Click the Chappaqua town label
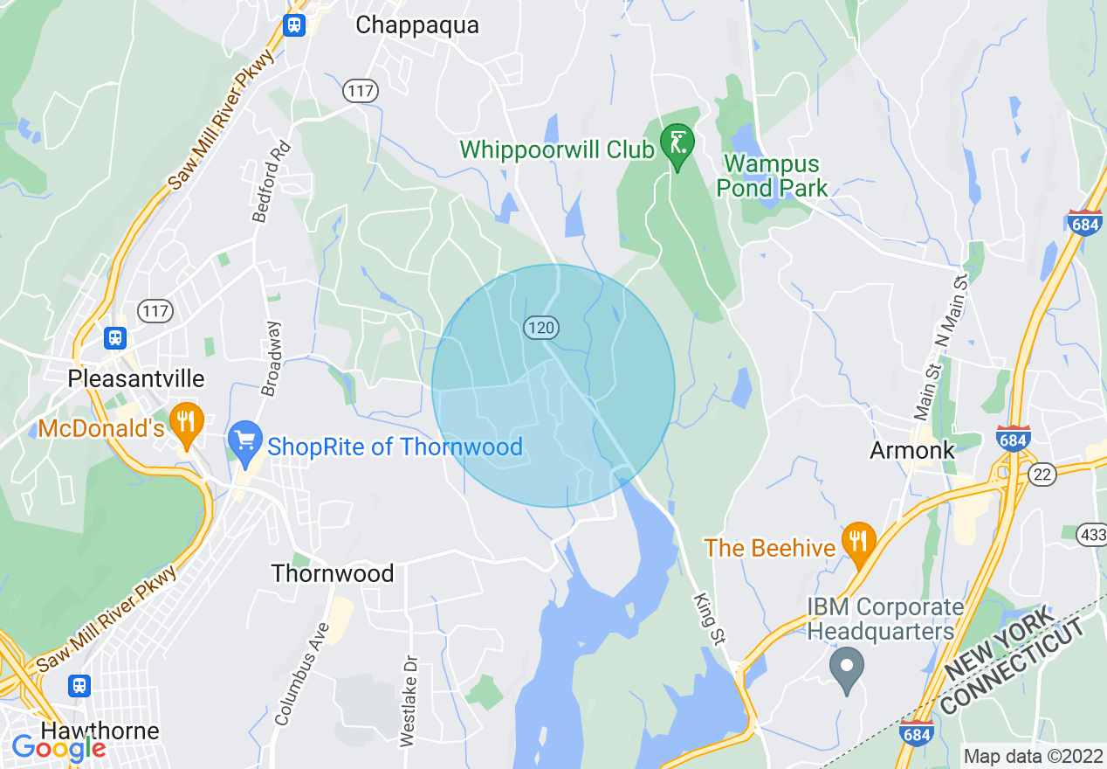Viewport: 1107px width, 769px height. pyautogui.click(x=417, y=25)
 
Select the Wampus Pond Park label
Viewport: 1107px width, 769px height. pyautogui.click(x=772, y=176)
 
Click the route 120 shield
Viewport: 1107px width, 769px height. pyautogui.click(x=541, y=328)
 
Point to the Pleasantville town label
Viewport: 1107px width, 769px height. pyautogui.click(x=137, y=378)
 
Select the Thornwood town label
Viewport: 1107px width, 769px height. pyautogui.click(x=333, y=573)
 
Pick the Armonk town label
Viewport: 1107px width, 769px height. pyautogui.click(x=912, y=450)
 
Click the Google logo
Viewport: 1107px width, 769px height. pyautogui.click(x=58, y=748)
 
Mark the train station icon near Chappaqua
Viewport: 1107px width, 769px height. pyautogui.click(x=294, y=24)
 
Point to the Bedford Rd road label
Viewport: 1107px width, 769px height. pyautogui.click(x=269, y=181)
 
